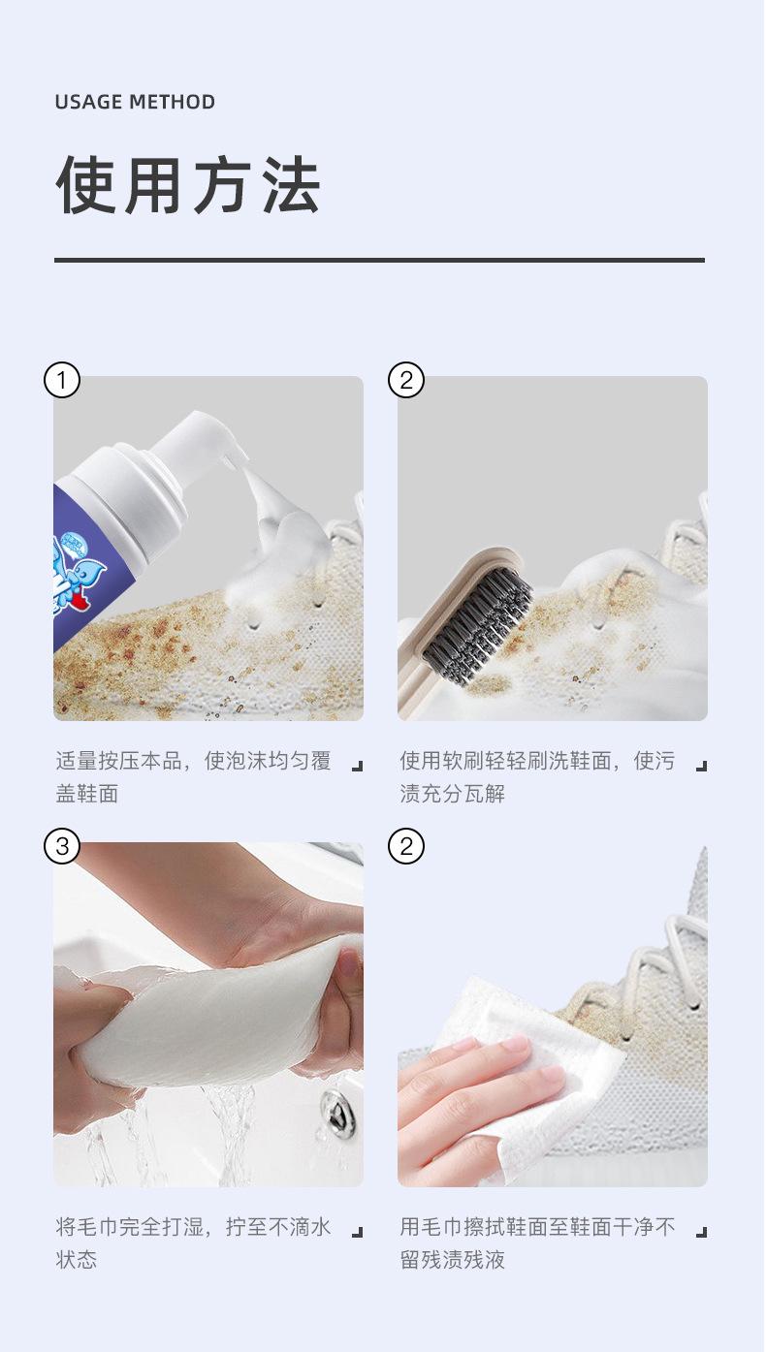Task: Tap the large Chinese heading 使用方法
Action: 188,185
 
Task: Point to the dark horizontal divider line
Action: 379,260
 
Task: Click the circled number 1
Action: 61,380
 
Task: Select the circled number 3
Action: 61,846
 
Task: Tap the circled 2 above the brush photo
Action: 405,380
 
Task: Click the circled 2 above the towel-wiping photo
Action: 405,846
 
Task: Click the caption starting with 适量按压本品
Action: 193,777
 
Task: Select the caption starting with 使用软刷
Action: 537,777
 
